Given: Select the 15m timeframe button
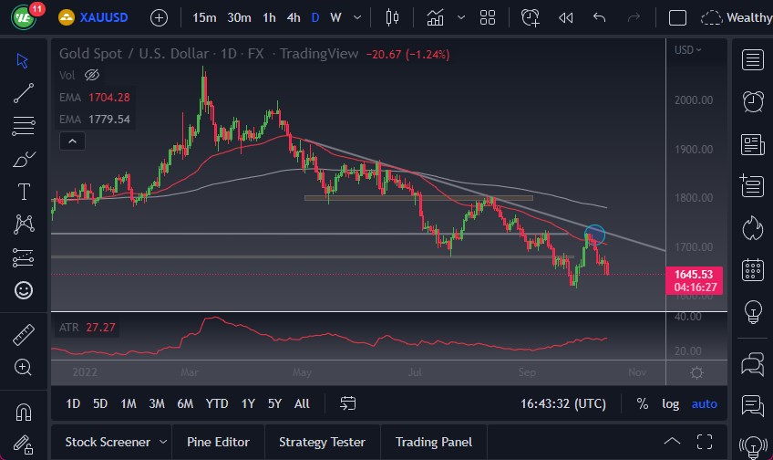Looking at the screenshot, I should [205, 17].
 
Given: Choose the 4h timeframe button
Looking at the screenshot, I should [293, 17].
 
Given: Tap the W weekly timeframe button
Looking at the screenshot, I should [335, 17].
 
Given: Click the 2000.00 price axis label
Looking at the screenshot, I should [693, 100].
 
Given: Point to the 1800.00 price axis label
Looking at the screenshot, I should [693, 198].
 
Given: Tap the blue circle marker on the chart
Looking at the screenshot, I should [594, 235].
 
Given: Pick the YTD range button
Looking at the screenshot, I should [217, 403].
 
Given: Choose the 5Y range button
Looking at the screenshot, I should [274, 403].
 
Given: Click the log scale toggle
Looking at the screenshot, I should [670, 403].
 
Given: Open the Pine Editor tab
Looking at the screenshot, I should [219, 442].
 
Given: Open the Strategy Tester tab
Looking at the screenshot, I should [322, 442].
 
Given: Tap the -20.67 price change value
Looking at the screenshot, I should [384, 54].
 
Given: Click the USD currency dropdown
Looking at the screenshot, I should [688, 50].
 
